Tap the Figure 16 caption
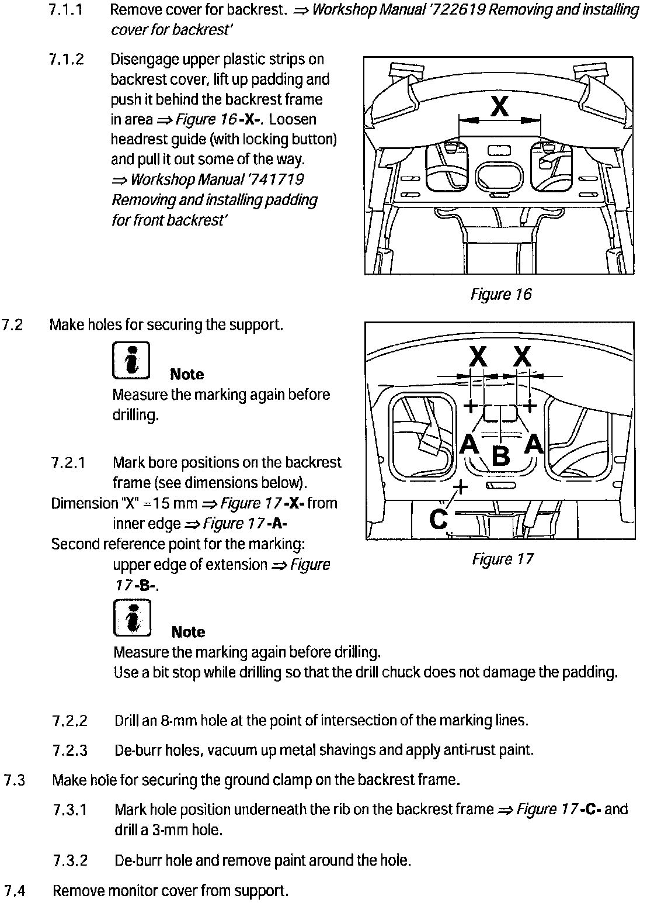click(x=501, y=294)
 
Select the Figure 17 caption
click(x=503, y=559)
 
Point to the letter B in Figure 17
click(x=502, y=455)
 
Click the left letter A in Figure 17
click(x=469, y=444)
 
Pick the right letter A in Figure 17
click(x=534, y=444)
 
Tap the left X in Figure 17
click(x=478, y=355)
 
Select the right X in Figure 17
click(x=522, y=355)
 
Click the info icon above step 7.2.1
click(x=130, y=359)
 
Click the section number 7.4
click(x=15, y=891)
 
